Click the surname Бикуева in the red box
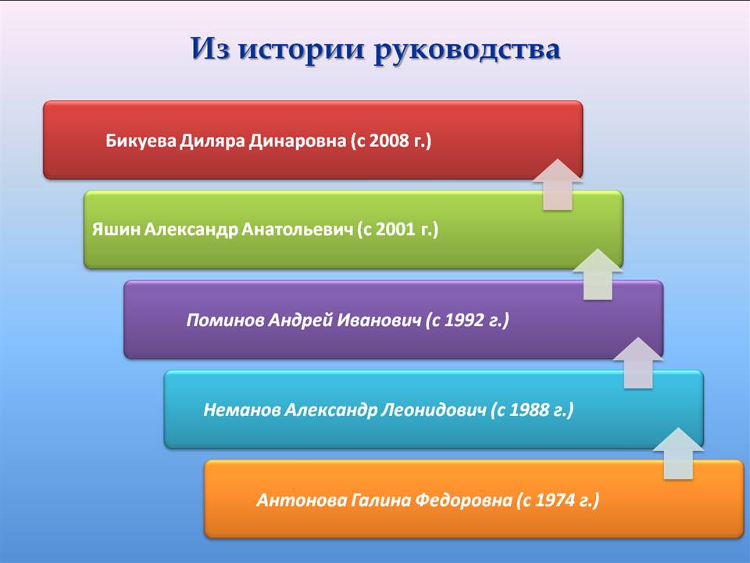tap(141, 141)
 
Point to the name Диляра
tap(212, 142)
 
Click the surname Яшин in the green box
tap(116, 229)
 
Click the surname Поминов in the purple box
tap(225, 320)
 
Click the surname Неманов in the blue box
tap(242, 410)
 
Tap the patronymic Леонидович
tap(434, 410)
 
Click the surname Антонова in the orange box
tap(302, 500)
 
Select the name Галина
tap(381, 500)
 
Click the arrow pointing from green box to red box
tap(558, 185)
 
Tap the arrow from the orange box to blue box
tap(678, 454)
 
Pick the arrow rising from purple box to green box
tap(598, 274)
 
